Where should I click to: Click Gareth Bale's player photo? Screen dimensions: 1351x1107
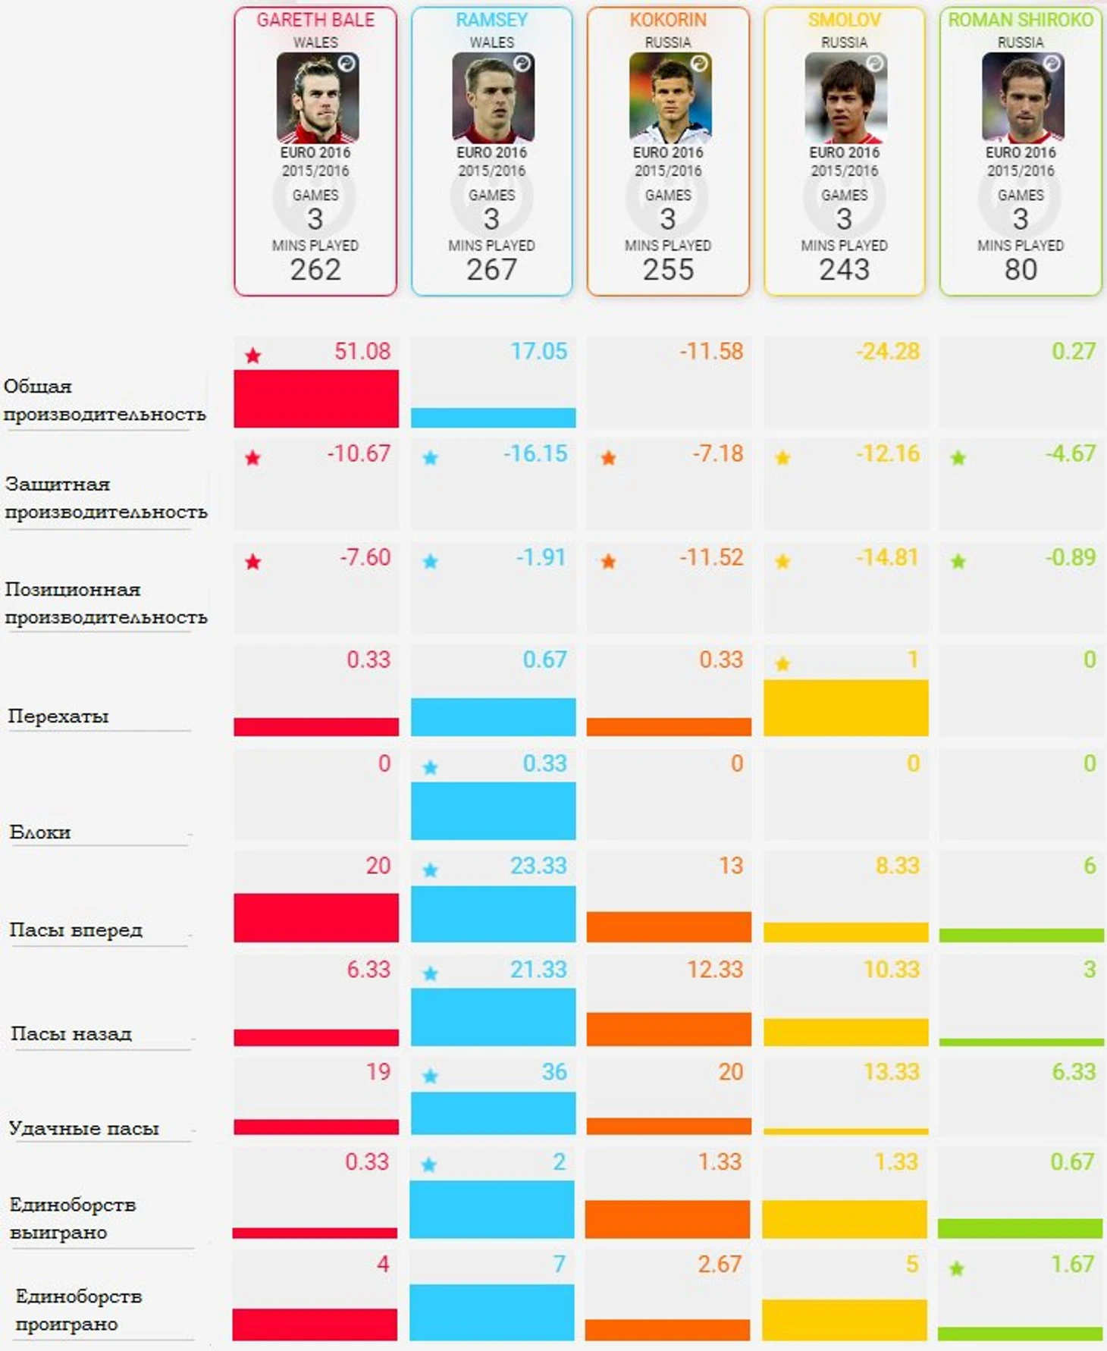(x=317, y=98)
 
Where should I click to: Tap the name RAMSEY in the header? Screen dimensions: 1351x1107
(x=491, y=20)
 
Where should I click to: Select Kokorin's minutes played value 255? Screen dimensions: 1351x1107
(x=668, y=270)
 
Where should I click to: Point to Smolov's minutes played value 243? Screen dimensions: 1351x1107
(x=844, y=270)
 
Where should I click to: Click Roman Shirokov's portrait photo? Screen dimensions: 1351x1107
(x=1022, y=98)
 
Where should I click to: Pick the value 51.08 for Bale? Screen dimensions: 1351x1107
(x=362, y=352)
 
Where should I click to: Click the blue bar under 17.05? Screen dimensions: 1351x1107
(x=493, y=417)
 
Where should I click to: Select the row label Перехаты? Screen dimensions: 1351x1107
(x=58, y=716)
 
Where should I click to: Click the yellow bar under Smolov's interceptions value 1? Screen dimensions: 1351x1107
(x=845, y=707)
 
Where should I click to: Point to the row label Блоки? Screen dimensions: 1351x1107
(x=40, y=832)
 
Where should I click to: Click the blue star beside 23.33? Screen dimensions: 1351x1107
(x=430, y=870)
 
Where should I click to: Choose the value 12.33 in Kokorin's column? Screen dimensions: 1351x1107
(x=714, y=970)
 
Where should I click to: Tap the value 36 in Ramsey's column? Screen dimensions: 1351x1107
(x=553, y=1072)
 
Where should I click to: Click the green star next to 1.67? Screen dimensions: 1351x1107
(x=957, y=1268)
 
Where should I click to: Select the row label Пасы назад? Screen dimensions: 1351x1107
(x=71, y=1034)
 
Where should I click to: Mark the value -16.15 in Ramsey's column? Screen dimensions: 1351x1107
(x=535, y=454)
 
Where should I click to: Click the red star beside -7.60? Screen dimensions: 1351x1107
(x=253, y=562)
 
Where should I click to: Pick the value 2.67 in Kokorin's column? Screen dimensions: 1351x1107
(x=719, y=1265)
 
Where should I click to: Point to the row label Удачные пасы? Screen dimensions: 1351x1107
(x=84, y=1129)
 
